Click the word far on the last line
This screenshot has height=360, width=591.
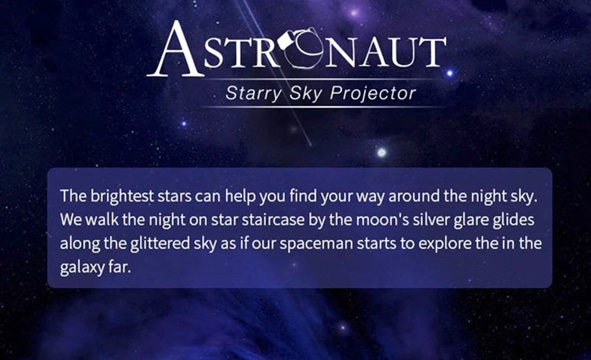(x=117, y=267)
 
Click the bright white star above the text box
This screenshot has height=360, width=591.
(x=382, y=153)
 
